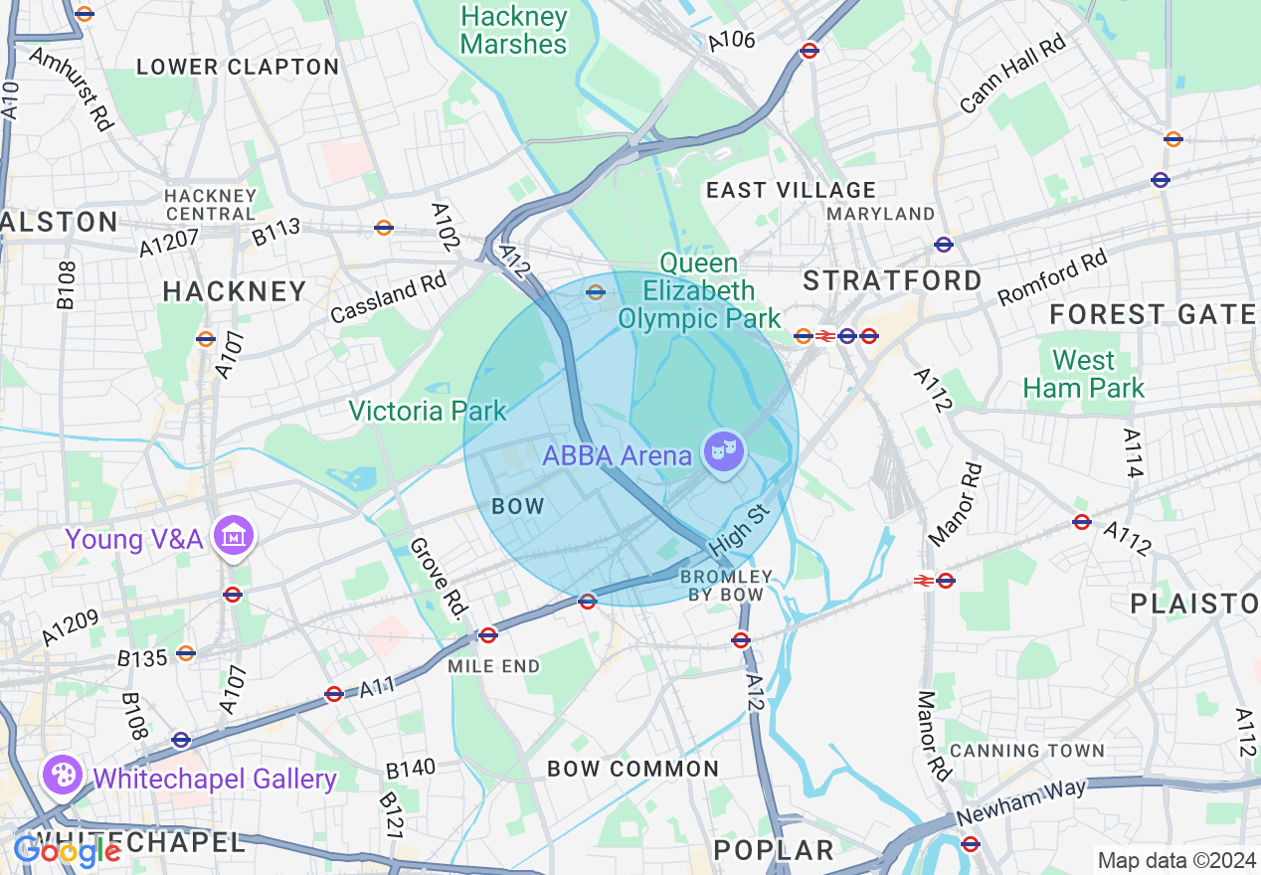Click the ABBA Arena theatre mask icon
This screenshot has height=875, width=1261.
pos(723,453)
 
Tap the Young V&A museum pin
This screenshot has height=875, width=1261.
pos(234,537)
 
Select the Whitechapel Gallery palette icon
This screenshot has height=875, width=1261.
pos(61,776)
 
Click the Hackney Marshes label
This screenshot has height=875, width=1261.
pos(514,31)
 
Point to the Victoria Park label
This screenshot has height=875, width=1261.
pos(428,411)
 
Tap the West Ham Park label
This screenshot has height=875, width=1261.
pos(1084,374)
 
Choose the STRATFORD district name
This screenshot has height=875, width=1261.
pos(892,280)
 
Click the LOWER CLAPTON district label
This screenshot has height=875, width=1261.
pos(238,67)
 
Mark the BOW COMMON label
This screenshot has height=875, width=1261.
pos(632,769)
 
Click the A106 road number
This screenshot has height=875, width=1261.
pos(731,41)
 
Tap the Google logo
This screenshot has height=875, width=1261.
pos(66,851)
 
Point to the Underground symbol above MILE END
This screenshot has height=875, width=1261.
pos(487,634)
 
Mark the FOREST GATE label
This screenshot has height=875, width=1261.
pos(1153,315)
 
